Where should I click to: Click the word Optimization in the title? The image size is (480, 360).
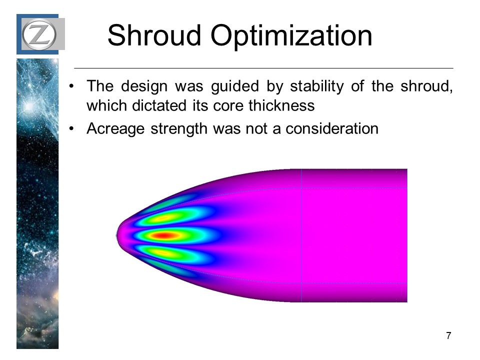click(x=291, y=36)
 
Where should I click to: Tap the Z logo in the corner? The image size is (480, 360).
click(x=39, y=34)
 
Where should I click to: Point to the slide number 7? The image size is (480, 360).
click(x=448, y=335)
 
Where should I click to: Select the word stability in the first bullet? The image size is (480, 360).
click(x=317, y=86)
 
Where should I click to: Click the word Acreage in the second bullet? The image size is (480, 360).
click(x=115, y=129)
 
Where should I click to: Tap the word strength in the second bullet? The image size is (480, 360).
click(x=179, y=129)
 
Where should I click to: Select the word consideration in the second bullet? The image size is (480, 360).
click(x=332, y=128)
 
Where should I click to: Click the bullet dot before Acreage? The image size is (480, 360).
click(x=71, y=129)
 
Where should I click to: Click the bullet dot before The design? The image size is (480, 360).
click(x=71, y=86)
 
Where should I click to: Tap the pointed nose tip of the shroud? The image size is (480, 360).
click(x=116, y=235)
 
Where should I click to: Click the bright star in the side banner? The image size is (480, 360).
click(x=29, y=106)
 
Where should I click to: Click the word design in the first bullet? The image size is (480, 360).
click(x=144, y=86)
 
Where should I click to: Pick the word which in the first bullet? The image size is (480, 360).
click(x=106, y=105)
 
